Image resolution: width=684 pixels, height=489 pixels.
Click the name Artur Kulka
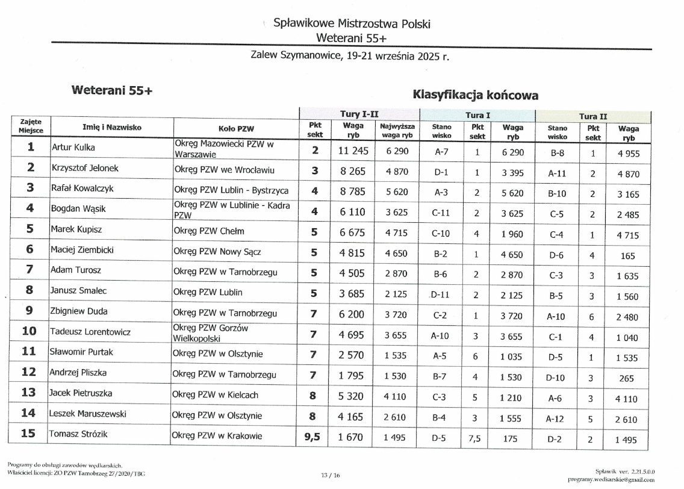tap(73, 148)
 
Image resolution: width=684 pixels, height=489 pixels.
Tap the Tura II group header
tap(592, 116)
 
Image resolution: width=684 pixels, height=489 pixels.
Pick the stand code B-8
tap(557, 154)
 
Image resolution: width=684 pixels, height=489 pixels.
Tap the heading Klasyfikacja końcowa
tap(474, 95)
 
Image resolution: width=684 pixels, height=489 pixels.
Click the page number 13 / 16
tap(331, 476)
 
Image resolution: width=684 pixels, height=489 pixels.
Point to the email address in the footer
tap(611, 479)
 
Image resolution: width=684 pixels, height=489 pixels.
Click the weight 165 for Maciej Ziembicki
tap(627, 256)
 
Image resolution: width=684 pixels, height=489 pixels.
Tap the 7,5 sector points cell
tap(475, 439)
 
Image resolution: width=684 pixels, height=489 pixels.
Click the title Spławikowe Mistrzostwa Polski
tap(352, 24)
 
